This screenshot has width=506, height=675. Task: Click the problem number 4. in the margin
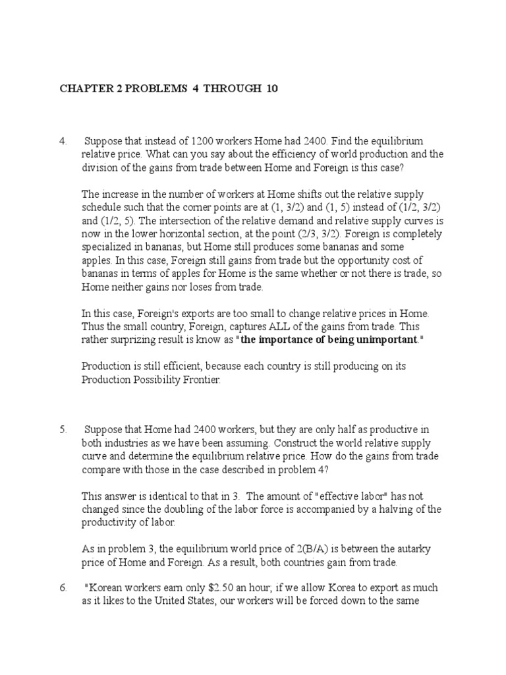click(x=63, y=142)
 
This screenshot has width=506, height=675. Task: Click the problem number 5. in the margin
click(x=63, y=429)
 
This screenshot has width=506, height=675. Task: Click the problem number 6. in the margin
click(x=63, y=587)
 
